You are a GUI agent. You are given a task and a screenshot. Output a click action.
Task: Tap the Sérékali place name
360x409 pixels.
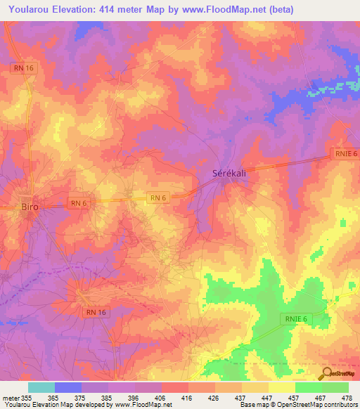(230, 173)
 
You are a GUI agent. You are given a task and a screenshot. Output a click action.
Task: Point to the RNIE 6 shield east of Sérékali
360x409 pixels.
(342, 155)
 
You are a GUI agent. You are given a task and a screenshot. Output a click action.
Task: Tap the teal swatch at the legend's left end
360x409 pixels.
(41, 387)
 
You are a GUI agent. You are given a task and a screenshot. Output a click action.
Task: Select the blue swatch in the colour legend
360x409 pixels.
(68, 387)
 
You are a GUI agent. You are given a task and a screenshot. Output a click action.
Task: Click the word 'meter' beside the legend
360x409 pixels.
(11, 398)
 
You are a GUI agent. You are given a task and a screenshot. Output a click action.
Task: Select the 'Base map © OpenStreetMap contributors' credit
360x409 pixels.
(298, 405)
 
